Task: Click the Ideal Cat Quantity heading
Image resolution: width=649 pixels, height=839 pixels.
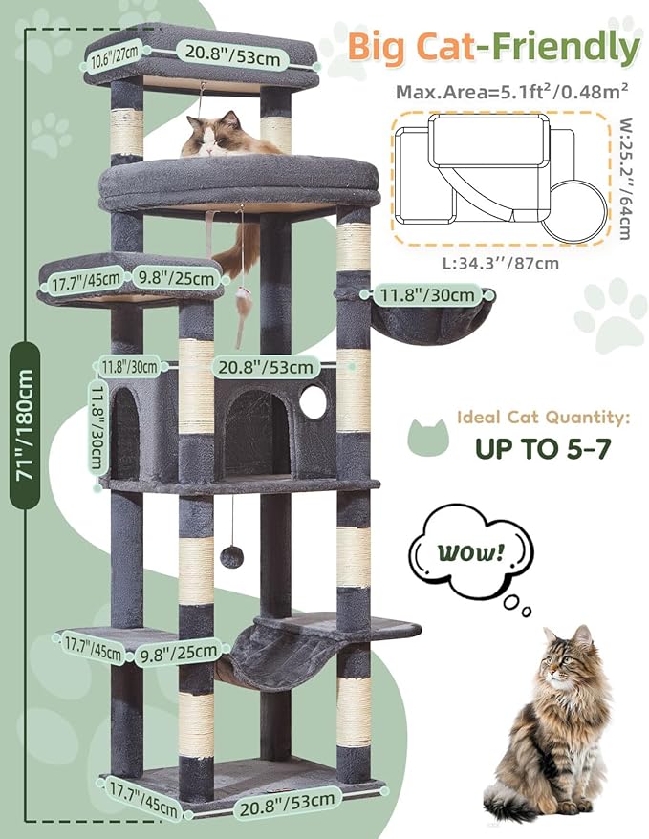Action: pos(543,418)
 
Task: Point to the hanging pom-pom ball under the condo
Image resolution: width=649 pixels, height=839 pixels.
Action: pos(231,556)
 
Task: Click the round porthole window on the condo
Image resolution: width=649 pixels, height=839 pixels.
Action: pos(313,403)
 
